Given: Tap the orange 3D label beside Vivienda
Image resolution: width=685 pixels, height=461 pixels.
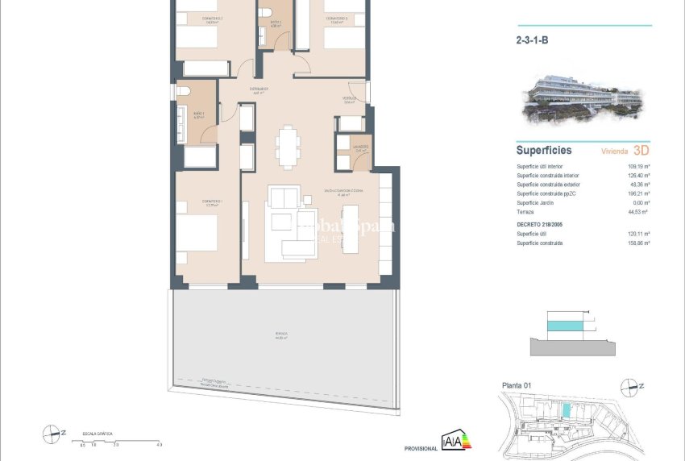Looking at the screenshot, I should (x=641, y=150).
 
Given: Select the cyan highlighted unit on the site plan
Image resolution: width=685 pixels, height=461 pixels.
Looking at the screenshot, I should (x=567, y=410).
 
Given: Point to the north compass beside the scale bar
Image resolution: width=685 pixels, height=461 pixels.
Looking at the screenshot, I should (x=53, y=434).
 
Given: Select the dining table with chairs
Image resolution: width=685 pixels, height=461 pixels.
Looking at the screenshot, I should (x=288, y=146).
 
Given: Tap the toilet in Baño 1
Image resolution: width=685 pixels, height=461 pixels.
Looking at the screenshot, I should (x=183, y=91).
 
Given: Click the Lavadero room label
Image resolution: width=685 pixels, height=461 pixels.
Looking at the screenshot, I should (x=359, y=147).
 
